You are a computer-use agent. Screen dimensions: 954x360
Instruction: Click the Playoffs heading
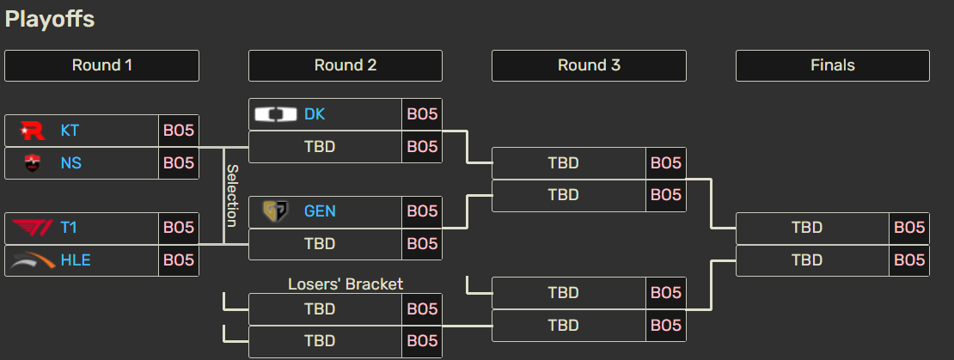tap(50, 19)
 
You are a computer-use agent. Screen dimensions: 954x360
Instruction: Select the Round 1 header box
tap(101, 65)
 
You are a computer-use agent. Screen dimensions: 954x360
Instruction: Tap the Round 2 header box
tap(346, 65)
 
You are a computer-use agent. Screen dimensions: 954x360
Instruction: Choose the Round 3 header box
tap(589, 65)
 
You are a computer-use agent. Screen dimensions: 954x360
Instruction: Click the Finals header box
tap(832, 65)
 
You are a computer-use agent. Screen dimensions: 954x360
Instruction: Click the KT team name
tap(70, 131)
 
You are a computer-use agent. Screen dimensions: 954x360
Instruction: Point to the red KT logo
tap(34, 131)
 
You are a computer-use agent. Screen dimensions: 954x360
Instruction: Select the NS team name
tap(70, 162)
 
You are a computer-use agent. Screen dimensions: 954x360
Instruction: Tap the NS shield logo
tap(34, 162)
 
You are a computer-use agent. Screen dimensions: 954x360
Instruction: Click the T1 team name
tap(69, 228)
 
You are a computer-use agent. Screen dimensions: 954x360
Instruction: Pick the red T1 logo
tap(34, 228)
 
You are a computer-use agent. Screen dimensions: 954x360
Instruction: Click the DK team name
tap(315, 114)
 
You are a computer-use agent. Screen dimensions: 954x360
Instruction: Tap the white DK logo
tap(276, 114)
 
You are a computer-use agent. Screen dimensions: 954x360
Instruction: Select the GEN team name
tap(320, 211)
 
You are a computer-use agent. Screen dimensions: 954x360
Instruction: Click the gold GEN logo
tap(276, 211)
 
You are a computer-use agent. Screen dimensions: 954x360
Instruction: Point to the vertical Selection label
tap(231, 196)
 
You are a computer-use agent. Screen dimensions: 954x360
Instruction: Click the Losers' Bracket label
tap(346, 284)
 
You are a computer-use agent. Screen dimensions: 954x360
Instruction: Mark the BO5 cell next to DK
tap(422, 114)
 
